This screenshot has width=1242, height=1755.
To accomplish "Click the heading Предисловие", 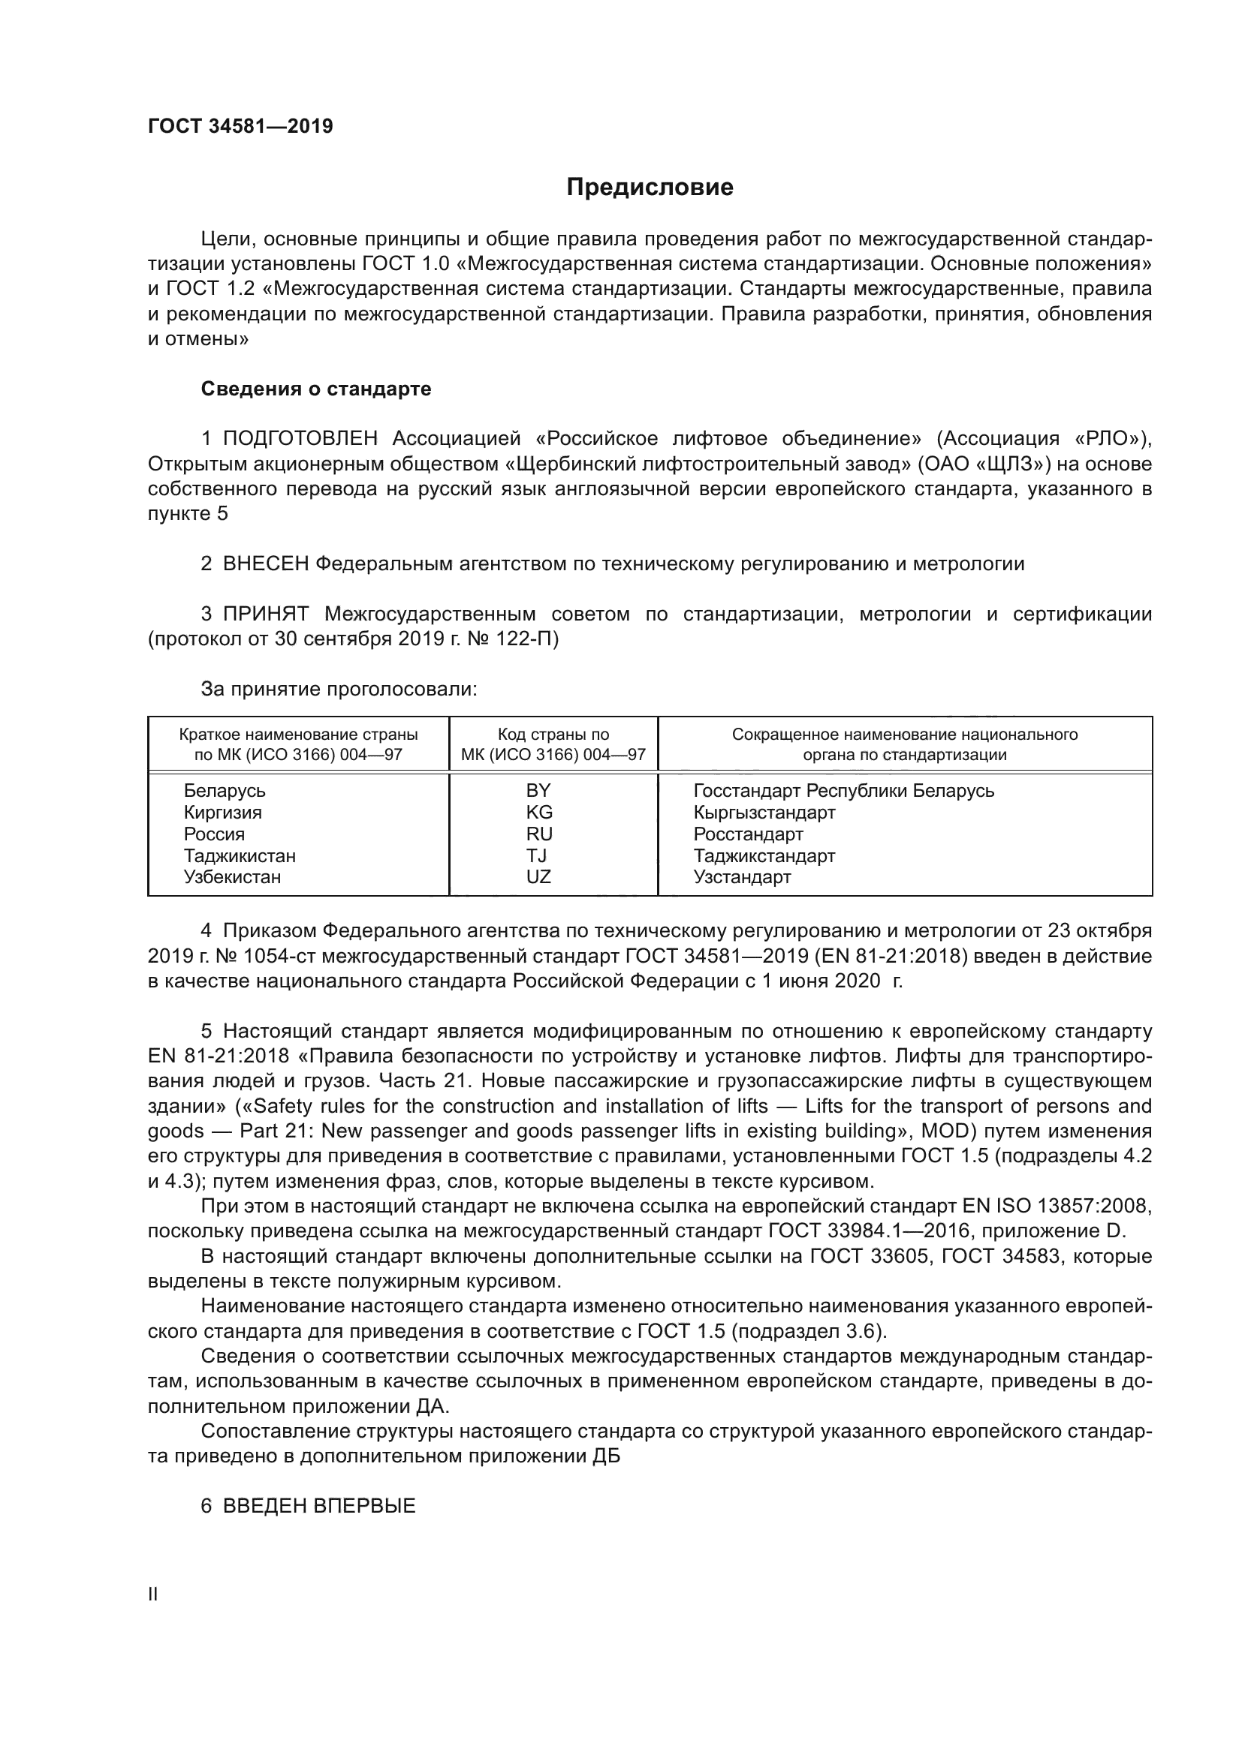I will tap(650, 188).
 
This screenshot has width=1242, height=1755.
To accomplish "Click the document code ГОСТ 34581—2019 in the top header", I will tap(240, 127).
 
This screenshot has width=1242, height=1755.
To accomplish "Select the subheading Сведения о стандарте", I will tap(316, 389).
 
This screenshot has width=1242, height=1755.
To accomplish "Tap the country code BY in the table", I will tap(538, 790).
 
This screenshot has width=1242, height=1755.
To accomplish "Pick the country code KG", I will tap(538, 812).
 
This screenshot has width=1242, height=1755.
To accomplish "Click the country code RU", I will tap(538, 834).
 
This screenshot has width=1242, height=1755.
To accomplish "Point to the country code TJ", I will tap(538, 855).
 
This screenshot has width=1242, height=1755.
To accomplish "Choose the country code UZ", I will tap(538, 876).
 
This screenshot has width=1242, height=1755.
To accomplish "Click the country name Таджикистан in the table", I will tap(240, 855).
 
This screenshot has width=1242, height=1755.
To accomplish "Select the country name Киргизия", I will tap(222, 812).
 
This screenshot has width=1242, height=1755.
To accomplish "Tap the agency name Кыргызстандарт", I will tap(764, 812).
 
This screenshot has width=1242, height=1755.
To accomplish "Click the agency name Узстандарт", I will tap(742, 876).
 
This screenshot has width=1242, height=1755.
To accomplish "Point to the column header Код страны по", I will tap(553, 735).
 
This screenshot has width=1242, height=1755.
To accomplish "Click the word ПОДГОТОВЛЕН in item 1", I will tap(300, 439).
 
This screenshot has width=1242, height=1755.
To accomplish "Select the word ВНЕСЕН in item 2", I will tap(266, 564).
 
